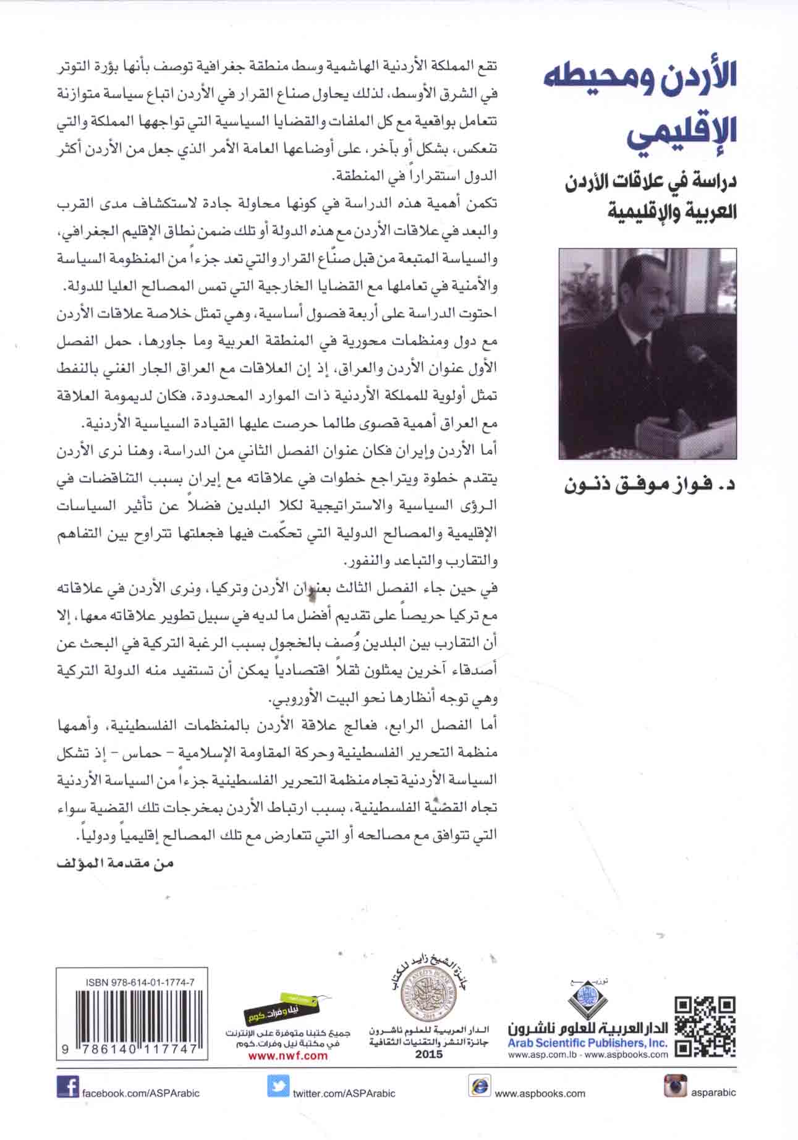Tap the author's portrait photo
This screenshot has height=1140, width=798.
[x=648, y=353]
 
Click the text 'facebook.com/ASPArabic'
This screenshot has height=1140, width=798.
[x=141, y=1092]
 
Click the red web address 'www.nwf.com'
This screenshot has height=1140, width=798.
[x=287, y=1055]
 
